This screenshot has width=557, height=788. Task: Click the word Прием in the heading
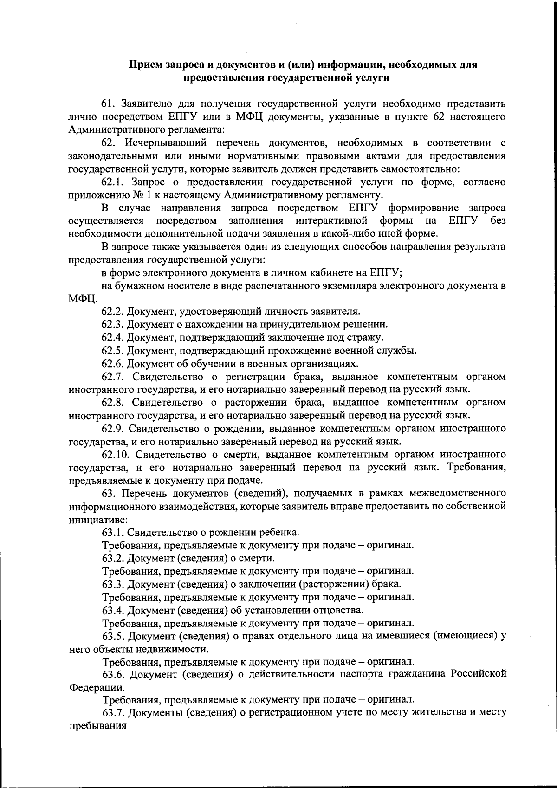[146, 65]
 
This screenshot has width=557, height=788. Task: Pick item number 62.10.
[115, 454]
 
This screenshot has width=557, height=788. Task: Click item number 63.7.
[113, 713]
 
